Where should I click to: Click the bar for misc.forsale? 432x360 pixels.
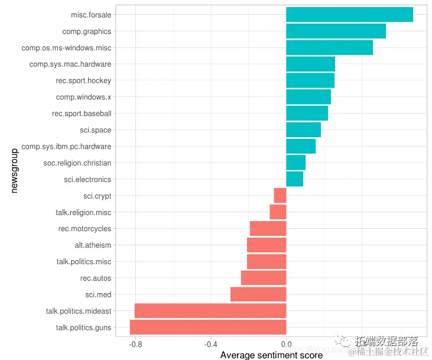[x=349, y=15]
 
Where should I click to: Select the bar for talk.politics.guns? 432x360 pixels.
[x=208, y=327]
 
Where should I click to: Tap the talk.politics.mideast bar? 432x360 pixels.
[x=210, y=311]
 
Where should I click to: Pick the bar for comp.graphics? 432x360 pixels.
[x=336, y=31]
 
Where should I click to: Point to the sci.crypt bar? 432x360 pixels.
[x=280, y=196]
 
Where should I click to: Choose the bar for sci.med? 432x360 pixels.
[x=258, y=294]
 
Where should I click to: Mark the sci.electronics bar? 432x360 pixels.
[x=294, y=179]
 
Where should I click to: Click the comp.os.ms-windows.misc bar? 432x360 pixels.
[x=329, y=48]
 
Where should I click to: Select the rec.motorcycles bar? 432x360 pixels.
[x=268, y=229]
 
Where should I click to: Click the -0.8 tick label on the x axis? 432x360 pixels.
[x=135, y=343]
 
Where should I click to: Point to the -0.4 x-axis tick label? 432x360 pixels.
[x=210, y=343]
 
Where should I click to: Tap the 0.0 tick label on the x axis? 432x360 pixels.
[x=286, y=343]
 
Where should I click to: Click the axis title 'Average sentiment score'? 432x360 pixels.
[x=271, y=355]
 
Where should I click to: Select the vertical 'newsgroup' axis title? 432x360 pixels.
[x=15, y=170]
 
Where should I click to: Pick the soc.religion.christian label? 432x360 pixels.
[x=77, y=163]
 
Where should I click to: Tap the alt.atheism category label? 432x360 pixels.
[x=93, y=245]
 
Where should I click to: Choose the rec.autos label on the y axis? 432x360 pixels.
[x=96, y=278]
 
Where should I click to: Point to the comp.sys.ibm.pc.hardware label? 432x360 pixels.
[x=66, y=146]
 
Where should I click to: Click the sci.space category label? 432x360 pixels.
[x=95, y=130]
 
